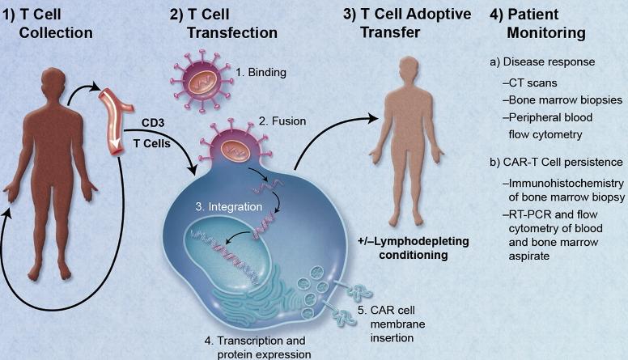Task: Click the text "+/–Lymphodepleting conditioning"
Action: point(402,248)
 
